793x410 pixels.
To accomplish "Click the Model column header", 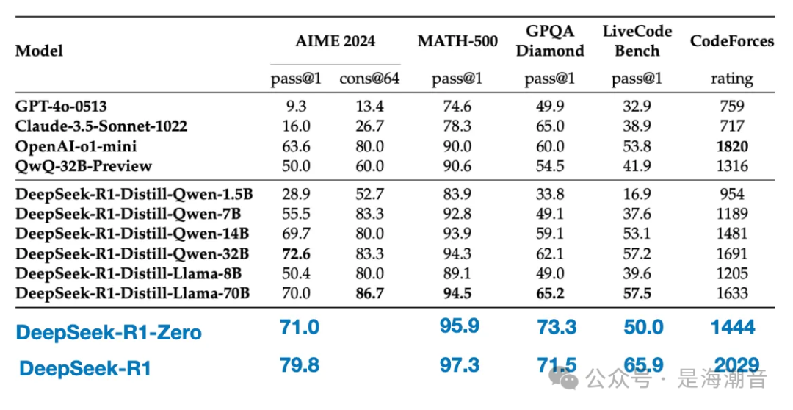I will click(39, 51).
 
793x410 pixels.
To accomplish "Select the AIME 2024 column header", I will click(335, 41).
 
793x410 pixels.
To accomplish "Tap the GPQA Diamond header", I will click(550, 41).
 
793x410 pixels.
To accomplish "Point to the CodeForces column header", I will click(731, 41).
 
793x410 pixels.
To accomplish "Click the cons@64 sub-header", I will click(369, 79).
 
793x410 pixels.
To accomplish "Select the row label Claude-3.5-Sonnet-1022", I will click(101, 126).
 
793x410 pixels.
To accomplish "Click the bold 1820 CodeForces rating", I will click(731, 146).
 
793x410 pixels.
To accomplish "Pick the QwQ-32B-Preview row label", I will click(84, 166).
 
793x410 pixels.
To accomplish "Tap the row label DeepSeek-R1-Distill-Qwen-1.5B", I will click(134, 195).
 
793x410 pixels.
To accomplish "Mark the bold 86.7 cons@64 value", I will click(369, 294).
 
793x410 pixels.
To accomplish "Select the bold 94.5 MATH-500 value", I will click(458, 294).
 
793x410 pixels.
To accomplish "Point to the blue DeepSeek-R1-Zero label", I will click(109, 332).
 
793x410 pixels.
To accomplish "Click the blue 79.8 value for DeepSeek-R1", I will click(300, 364).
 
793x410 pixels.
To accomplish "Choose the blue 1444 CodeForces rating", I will click(733, 327).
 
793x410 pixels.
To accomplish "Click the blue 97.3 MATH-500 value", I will click(460, 364).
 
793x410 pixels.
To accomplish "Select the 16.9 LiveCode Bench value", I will click(637, 195).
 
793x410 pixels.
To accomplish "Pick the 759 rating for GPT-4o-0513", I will click(731, 106).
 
